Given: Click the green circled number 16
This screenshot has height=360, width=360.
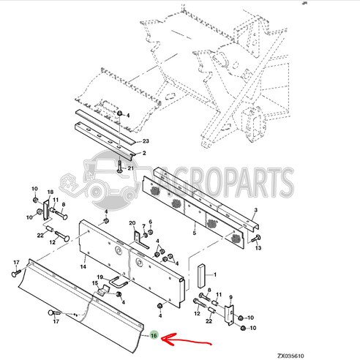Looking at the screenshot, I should (154, 336).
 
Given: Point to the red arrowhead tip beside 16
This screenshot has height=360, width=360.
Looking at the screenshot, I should (164, 338).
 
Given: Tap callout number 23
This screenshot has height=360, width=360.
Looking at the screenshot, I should (146, 141).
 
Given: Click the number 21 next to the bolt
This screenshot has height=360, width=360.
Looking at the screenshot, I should (131, 168).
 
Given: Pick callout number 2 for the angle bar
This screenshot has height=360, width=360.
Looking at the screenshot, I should (144, 154).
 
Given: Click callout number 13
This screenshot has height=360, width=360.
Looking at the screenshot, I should (258, 249).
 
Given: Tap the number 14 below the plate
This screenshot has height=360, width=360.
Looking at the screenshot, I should (84, 258).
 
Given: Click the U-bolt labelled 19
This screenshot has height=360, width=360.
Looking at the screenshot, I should (118, 281).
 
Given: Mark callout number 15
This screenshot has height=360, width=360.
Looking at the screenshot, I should (94, 283).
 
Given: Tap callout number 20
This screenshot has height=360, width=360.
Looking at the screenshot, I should (132, 223).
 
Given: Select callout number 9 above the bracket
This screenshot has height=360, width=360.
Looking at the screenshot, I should (232, 297).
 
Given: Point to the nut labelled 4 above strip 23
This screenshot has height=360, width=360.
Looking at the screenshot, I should (120, 115).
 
